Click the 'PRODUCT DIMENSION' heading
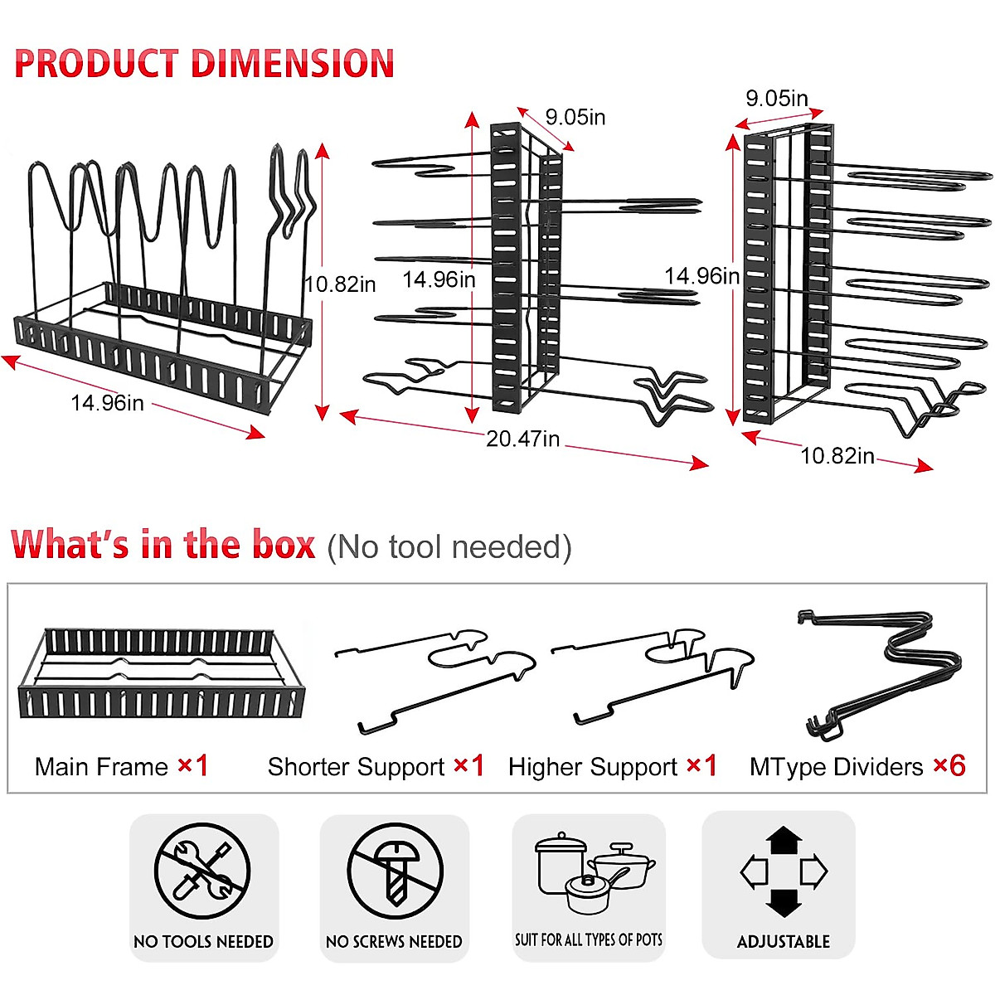(204, 64)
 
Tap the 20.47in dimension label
(522, 439)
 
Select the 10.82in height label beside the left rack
(340, 284)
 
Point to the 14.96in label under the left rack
(107, 403)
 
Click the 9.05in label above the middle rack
(575, 117)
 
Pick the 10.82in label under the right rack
(837, 456)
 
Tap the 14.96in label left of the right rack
(701, 275)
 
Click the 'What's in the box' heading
(163, 545)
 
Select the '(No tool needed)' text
(449, 547)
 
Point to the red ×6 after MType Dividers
(949, 765)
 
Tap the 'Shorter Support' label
(356, 767)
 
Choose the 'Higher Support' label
(593, 767)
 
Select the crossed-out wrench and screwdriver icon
(202, 871)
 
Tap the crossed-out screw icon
(395, 871)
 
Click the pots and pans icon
(590, 874)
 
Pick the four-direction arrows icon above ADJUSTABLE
(784, 871)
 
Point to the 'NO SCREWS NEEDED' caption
(394, 942)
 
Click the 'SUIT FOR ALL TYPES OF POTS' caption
(589, 940)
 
